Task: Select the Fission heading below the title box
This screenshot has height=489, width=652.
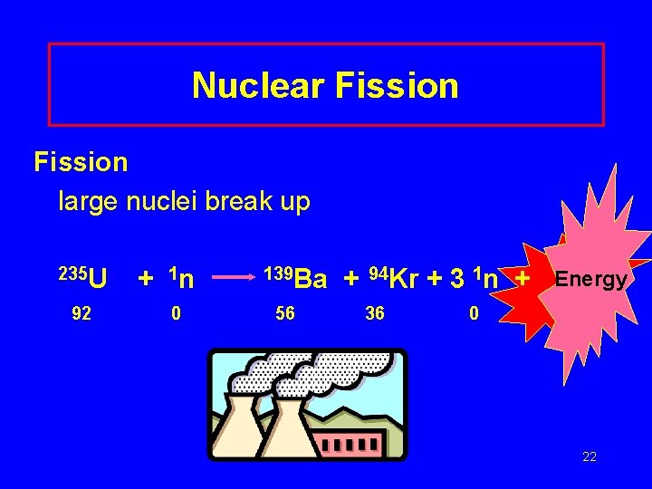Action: click(x=81, y=162)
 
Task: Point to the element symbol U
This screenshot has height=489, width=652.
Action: click(x=99, y=277)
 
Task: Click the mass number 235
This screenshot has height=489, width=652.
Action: click(x=72, y=272)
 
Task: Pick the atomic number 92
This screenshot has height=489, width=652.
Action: click(x=82, y=313)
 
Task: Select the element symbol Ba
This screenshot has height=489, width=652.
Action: click(x=312, y=279)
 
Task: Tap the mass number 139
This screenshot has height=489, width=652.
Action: click(x=278, y=273)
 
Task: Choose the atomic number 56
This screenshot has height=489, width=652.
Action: click(x=285, y=313)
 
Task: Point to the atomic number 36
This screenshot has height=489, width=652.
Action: click(x=374, y=313)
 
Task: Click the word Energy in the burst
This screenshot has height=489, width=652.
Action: click(x=590, y=279)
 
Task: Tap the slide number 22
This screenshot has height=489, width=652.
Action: click(x=590, y=456)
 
